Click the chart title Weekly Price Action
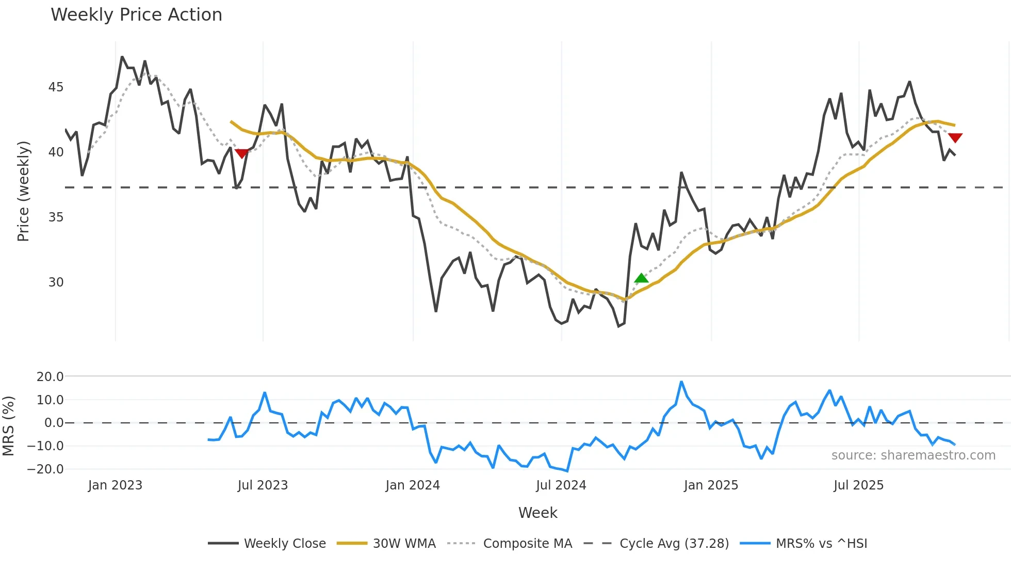pyautogui.click(x=136, y=15)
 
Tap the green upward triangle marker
pyautogui.click(x=641, y=278)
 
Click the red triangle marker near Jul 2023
pyautogui.click(x=241, y=153)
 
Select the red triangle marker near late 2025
pyautogui.click(x=955, y=138)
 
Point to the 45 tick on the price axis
pyautogui.click(x=56, y=87)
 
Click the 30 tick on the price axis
pyautogui.click(x=56, y=282)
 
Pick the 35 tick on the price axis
pyautogui.click(x=56, y=217)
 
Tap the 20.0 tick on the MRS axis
pyautogui.click(x=50, y=377)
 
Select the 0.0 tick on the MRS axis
pyautogui.click(x=54, y=423)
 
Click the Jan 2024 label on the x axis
pyautogui.click(x=413, y=485)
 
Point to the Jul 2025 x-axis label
pyautogui.click(x=858, y=485)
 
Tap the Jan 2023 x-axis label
pyautogui.click(x=115, y=485)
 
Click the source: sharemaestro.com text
pyautogui.click(x=913, y=455)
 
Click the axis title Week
pyautogui.click(x=537, y=513)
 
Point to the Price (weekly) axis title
pyautogui.click(x=23, y=191)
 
